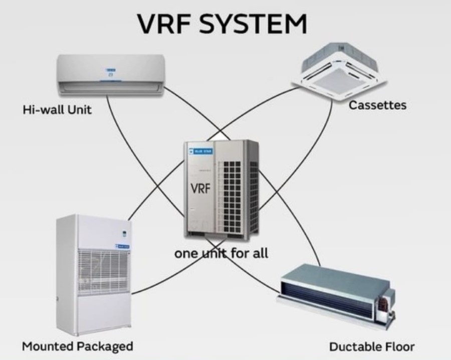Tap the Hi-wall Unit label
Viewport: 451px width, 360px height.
[57, 109]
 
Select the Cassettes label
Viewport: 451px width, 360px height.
[377, 105]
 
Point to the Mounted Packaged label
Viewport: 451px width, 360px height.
[77, 346]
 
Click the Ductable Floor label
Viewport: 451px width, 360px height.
[372, 346]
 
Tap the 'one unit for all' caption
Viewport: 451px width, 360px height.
[221, 253]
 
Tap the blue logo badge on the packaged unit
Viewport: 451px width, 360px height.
[123, 246]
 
